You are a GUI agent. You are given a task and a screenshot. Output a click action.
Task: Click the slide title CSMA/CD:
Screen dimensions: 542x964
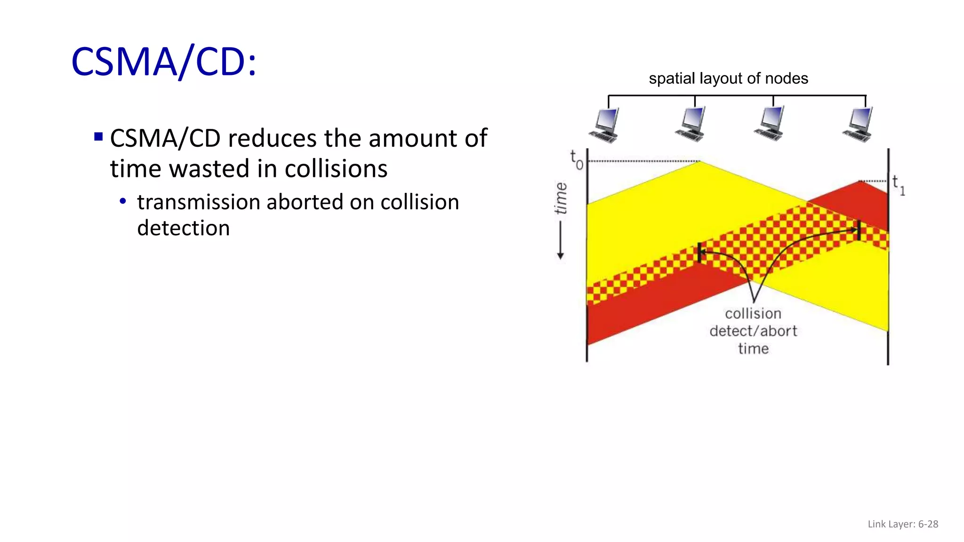[x=163, y=62]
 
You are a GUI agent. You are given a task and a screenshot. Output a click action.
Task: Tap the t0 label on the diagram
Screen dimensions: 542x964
[x=576, y=160]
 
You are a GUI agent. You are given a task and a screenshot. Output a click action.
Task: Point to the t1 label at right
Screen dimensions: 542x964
[x=898, y=185]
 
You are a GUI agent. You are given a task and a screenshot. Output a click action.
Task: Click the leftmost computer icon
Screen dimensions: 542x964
[x=605, y=125]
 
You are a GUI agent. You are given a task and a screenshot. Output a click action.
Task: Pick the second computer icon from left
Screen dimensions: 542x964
[x=691, y=124]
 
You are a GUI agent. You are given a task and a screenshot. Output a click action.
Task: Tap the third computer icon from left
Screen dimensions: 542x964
[x=771, y=123]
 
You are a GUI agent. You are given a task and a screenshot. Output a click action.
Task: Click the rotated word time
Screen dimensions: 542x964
[x=561, y=198]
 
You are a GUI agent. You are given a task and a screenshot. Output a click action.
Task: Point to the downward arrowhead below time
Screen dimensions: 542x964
[x=560, y=256]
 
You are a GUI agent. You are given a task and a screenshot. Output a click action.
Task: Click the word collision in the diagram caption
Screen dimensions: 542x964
[x=753, y=313]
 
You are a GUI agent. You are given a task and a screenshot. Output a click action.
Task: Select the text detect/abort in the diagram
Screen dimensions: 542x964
[x=753, y=331]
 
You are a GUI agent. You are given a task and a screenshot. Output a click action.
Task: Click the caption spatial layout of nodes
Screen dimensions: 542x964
[x=728, y=78]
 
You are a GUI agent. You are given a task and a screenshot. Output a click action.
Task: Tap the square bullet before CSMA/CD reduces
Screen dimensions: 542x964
[x=98, y=137]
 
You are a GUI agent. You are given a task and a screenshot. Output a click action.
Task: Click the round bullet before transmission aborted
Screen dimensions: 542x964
[x=123, y=201]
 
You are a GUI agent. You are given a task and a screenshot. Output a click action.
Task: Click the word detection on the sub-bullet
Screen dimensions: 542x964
[x=183, y=228]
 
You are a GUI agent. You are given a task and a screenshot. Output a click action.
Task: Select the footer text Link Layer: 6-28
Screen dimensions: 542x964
[x=902, y=524]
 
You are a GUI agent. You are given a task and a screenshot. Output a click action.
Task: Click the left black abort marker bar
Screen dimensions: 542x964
[x=699, y=253]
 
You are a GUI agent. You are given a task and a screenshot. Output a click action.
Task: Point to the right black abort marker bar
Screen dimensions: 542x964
[x=859, y=230]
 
